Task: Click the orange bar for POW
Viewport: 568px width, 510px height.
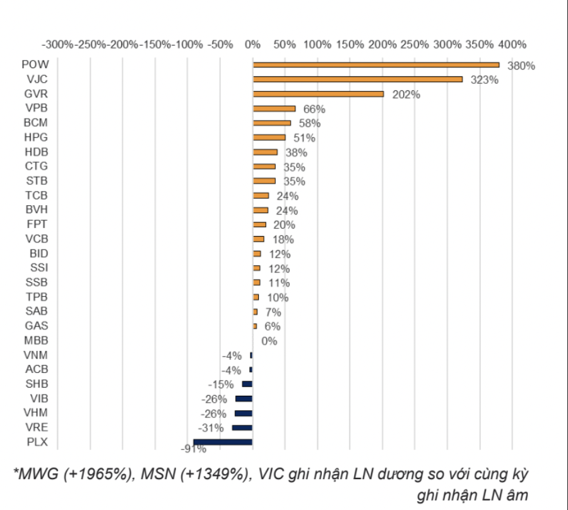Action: [x=376, y=64]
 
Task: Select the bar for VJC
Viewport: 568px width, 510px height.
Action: [x=357, y=79]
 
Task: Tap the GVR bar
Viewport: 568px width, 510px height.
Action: [x=318, y=93]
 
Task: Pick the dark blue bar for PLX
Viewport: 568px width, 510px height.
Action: [x=223, y=442]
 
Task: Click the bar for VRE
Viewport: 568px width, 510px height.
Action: [x=242, y=427]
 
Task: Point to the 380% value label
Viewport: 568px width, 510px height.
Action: [x=521, y=66]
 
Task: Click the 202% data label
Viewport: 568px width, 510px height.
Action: [x=406, y=95]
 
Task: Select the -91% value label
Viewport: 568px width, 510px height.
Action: [x=193, y=449]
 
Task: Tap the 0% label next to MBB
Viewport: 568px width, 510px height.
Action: [x=269, y=341]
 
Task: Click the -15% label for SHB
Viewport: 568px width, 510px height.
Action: [x=221, y=384]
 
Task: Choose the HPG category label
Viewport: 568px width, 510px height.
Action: [x=35, y=137]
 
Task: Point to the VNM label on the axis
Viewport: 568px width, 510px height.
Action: [x=35, y=355]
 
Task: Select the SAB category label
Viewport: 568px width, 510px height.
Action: [x=36, y=311]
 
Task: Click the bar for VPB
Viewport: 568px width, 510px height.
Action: [x=274, y=108]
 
